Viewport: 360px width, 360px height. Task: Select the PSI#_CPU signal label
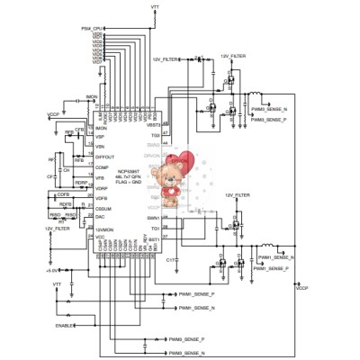point(91,29)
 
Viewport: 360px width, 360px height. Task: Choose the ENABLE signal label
point(64,325)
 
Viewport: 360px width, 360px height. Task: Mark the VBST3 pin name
point(153,125)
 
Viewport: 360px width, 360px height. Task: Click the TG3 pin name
point(155,135)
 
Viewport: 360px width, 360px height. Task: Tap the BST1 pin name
point(154,238)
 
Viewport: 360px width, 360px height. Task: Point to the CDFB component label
point(63,194)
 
